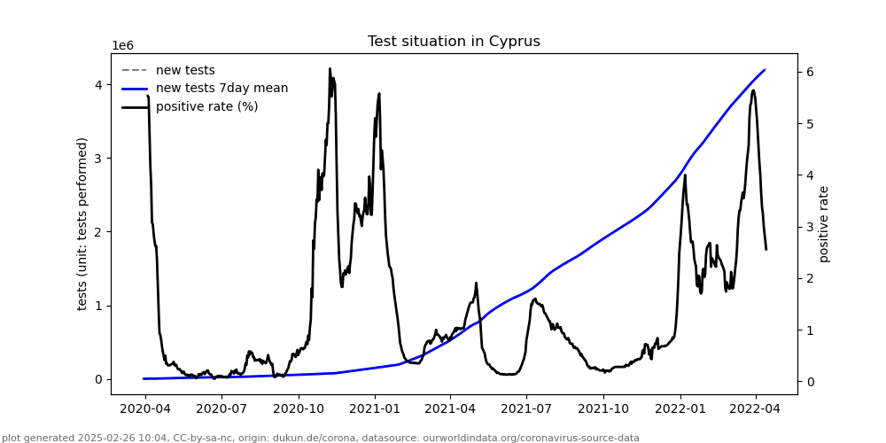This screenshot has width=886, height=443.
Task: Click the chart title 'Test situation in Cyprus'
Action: click(454, 42)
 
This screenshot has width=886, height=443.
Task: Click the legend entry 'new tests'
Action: click(185, 71)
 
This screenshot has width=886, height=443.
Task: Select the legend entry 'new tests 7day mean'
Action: click(221, 89)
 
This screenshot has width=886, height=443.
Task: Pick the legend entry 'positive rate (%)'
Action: click(206, 107)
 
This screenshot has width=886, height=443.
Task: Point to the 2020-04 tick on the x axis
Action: click(144, 408)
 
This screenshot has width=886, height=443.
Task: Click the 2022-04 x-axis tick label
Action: click(756, 408)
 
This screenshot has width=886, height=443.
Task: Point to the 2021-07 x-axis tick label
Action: click(526, 408)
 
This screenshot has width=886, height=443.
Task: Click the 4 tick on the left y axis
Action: click(97, 85)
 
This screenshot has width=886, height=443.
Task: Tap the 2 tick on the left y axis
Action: click(97, 232)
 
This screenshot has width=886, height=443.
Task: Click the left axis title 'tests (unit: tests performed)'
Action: click(82, 223)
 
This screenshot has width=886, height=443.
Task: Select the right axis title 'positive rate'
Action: click(825, 223)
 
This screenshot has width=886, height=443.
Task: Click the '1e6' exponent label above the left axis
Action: click(122, 46)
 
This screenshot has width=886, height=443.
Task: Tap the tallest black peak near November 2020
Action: click(330, 69)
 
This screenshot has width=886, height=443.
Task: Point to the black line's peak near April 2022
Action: click(753, 90)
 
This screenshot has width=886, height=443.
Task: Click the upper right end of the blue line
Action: click(765, 70)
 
